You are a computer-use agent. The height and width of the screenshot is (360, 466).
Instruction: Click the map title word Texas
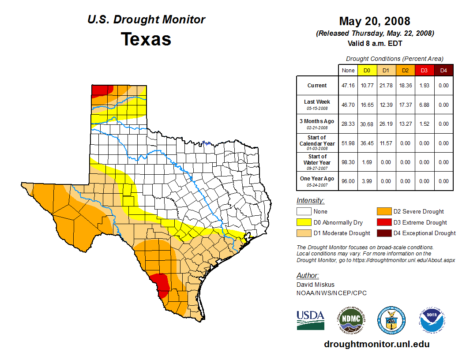[x=146, y=39]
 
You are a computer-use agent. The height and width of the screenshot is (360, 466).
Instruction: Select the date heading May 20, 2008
[x=375, y=21]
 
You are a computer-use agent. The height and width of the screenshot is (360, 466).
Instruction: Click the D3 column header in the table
[x=424, y=70]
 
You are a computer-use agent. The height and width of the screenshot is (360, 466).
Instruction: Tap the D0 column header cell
[x=367, y=70]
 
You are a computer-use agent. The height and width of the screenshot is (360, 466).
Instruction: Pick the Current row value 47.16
[x=348, y=86]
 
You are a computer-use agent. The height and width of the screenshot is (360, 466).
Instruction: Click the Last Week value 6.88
[x=424, y=105]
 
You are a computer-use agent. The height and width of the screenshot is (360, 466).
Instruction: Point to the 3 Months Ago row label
[x=317, y=124]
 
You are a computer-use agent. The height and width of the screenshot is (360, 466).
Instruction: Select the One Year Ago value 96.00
[x=348, y=181]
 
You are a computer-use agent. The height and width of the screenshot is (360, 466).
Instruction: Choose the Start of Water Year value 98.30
[x=348, y=162]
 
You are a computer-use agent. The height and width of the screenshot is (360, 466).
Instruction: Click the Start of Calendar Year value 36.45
[x=367, y=143]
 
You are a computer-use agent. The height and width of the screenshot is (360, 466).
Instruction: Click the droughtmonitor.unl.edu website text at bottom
[x=376, y=344]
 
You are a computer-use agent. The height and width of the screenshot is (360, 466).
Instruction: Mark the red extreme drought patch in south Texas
[x=161, y=283]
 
